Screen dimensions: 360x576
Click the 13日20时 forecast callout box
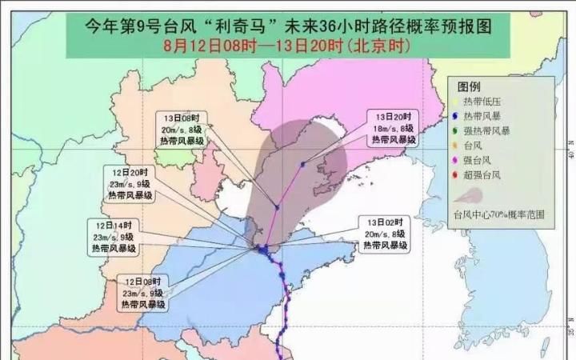392,128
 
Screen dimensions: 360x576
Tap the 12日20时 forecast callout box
130,185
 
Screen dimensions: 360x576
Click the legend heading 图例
469,86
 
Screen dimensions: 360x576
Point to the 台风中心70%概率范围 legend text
498,214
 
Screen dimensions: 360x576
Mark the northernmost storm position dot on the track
302,165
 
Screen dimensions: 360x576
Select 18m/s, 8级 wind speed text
391,128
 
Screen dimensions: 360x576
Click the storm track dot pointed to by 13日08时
277,207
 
